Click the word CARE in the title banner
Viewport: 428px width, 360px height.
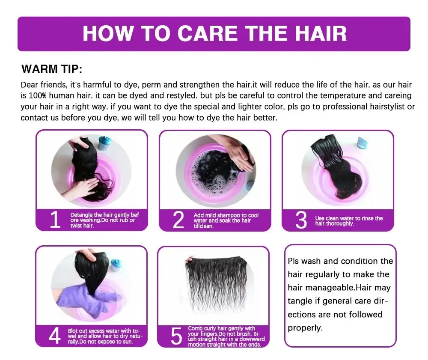(208, 33)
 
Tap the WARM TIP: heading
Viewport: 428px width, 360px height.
(52, 69)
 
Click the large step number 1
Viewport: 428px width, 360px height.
(55, 220)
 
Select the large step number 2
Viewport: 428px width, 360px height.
(178, 220)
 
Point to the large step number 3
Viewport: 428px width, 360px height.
(301, 220)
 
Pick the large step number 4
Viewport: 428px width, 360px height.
(55, 336)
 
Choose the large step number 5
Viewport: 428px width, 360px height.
(176, 336)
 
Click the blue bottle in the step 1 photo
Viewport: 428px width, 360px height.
(104, 143)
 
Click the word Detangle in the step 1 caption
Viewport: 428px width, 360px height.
(81, 215)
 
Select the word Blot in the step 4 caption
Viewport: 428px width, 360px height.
(73, 331)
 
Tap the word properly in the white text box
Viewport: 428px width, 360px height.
(305, 328)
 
